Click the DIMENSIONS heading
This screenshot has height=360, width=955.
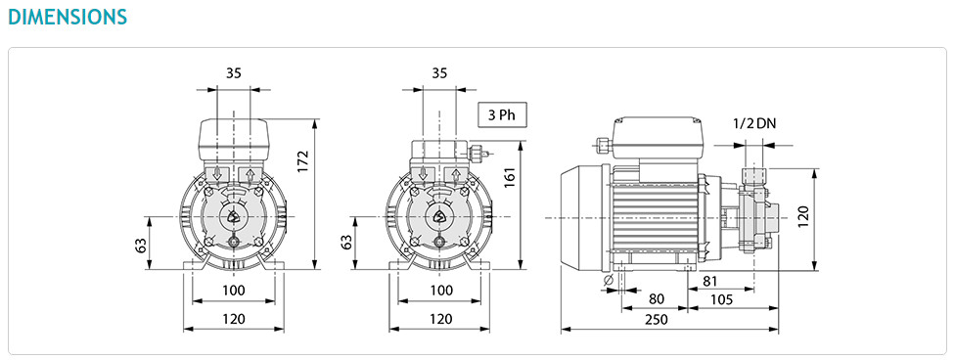pos(67,17)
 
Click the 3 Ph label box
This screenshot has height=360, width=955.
pos(502,114)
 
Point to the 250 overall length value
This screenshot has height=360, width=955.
pos(656,319)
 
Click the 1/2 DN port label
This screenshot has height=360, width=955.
pos(754,123)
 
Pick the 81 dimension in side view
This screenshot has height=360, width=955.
pos(710,281)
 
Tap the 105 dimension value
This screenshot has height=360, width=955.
pos(721,299)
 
